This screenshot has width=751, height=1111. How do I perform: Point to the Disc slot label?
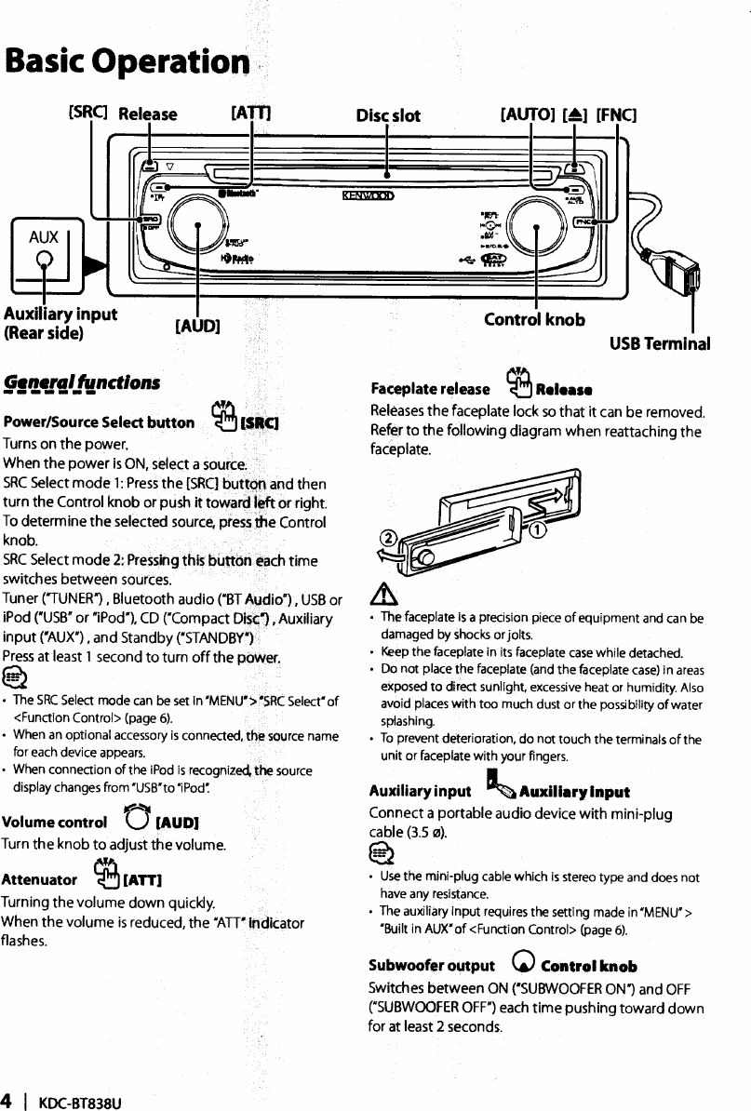tap(389, 115)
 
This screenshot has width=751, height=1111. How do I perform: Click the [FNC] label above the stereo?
tap(615, 115)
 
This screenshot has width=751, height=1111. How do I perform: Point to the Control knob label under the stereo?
tap(535, 319)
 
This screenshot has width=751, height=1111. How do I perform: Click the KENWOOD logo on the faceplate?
tap(368, 195)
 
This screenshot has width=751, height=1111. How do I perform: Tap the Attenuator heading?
tap(39, 878)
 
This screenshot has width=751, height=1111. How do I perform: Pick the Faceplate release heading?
tap(430, 387)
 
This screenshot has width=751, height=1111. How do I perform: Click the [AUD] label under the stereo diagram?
tap(197, 325)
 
